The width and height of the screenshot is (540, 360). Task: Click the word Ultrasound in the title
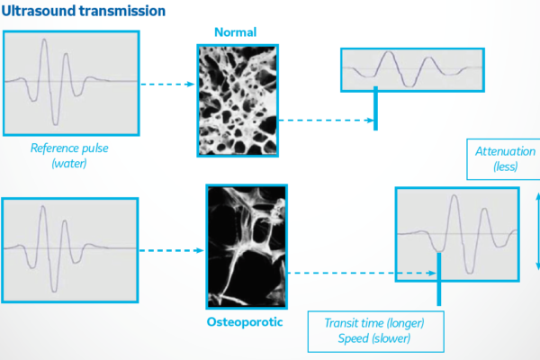[40, 11]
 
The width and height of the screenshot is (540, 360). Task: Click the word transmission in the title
[123, 11]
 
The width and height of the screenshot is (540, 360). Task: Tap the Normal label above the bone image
[236, 32]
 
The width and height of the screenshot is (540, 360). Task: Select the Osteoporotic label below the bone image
[245, 322]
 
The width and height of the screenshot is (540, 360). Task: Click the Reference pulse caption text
[69, 148]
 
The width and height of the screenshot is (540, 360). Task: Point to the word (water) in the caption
[69, 163]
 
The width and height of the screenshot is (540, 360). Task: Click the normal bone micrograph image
[238, 101]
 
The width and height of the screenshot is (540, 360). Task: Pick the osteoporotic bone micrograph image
[247, 247]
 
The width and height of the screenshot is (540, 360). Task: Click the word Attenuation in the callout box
[505, 151]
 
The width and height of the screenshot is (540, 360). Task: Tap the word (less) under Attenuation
[506, 166]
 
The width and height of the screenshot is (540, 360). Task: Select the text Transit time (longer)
[374, 323]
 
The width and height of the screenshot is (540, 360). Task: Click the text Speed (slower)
[374, 338]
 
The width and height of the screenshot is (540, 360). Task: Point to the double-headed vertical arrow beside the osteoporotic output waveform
[538, 231]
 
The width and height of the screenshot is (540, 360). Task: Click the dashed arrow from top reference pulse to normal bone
[167, 84]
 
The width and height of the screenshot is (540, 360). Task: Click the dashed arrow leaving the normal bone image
[326, 121]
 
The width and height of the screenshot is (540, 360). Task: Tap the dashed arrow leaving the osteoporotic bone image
[362, 274]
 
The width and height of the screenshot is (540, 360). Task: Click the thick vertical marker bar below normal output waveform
[375, 109]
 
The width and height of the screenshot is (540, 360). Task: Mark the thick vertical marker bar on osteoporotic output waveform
[439, 279]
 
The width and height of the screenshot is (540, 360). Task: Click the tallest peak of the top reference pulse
[44, 40]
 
